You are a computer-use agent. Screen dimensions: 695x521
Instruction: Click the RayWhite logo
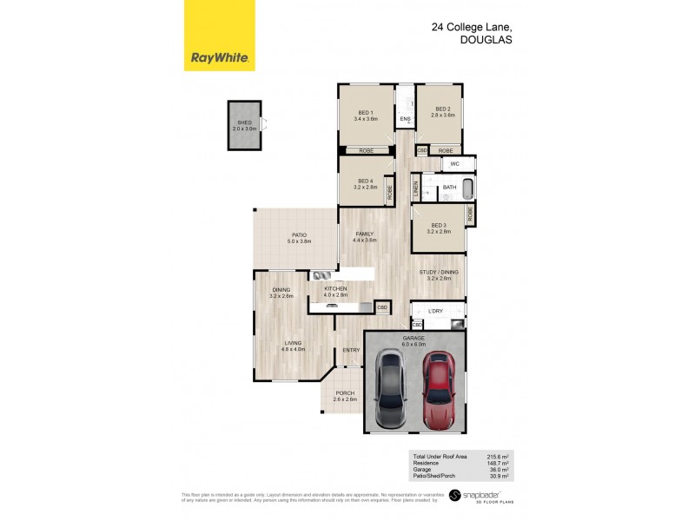click(220, 36)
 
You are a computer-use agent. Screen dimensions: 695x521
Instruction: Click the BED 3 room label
click(439, 228)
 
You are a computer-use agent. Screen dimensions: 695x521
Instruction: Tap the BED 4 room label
click(364, 183)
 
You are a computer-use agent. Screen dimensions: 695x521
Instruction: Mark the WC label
click(454, 164)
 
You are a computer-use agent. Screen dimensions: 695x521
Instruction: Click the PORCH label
click(345, 396)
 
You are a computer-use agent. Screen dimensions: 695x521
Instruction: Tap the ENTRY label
click(351, 350)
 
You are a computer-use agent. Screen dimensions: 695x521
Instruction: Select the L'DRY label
click(435, 310)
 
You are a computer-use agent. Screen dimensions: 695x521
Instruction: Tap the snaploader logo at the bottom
click(483, 496)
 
